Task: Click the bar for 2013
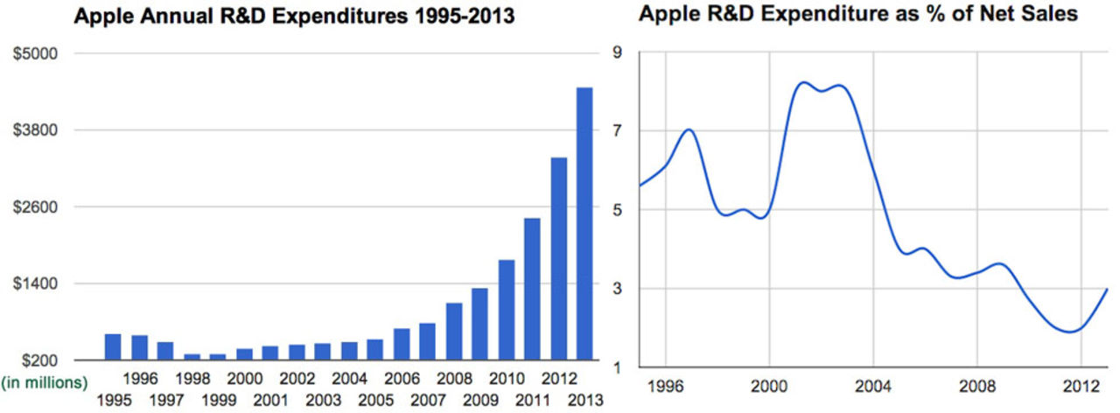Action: click(584, 223)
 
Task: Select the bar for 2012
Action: click(558, 258)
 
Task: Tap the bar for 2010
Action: click(506, 310)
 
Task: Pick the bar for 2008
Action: click(453, 331)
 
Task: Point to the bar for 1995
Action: click(113, 346)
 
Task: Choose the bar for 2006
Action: click(401, 344)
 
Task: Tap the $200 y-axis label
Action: click(39, 360)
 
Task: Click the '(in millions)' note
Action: click(45, 382)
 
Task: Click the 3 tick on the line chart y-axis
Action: click(616, 289)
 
